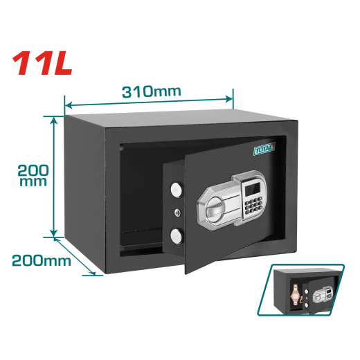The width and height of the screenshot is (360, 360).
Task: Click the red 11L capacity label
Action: click(42, 63)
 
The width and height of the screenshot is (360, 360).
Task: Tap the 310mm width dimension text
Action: click(152, 91)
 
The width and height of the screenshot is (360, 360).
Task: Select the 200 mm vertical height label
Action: click(33, 175)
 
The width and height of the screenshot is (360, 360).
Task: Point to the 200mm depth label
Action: click(42, 260)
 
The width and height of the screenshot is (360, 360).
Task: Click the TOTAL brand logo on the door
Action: click(264, 149)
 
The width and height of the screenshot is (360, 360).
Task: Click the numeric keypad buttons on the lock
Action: click(253, 206)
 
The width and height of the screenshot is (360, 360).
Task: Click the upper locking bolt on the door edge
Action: click(177, 190)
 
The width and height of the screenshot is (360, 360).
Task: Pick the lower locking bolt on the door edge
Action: click(177, 236)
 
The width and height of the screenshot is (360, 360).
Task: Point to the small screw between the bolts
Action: click(177, 213)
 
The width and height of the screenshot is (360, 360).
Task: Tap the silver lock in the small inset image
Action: click(323, 294)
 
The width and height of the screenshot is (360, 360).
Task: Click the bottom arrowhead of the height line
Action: click(54, 233)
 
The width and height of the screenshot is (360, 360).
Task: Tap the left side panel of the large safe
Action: click(84, 193)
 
